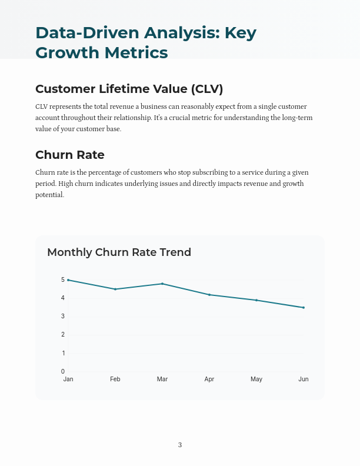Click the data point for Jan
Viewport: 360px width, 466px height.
pyautogui.click(x=68, y=280)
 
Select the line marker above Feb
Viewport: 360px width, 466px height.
pyautogui.click(x=115, y=289)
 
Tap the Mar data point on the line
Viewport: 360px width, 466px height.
pyautogui.click(x=162, y=284)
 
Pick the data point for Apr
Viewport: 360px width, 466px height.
pyautogui.click(x=209, y=295)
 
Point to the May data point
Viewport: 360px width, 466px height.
pyautogui.click(x=256, y=300)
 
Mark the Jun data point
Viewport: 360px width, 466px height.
pyautogui.click(x=304, y=307)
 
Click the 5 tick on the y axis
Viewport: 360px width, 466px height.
pyautogui.click(x=63, y=280)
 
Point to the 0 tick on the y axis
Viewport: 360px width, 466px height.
pyautogui.click(x=63, y=372)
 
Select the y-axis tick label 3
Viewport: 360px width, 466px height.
pyautogui.click(x=63, y=317)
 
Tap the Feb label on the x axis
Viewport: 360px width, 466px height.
pyautogui.click(x=115, y=380)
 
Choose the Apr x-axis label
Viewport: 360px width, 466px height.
pyautogui.click(x=209, y=380)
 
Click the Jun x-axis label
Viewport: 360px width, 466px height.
pyautogui.click(x=304, y=380)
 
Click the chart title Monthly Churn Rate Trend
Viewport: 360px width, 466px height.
pyautogui.click(x=119, y=252)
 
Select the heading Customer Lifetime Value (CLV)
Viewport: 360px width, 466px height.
pyautogui.click(x=129, y=89)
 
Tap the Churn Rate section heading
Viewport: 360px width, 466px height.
pyautogui.click(x=70, y=155)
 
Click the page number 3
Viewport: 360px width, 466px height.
pyautogui.click(x=180, y=445)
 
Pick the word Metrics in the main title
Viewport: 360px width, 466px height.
pyautogui.click(x=136, y=53)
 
